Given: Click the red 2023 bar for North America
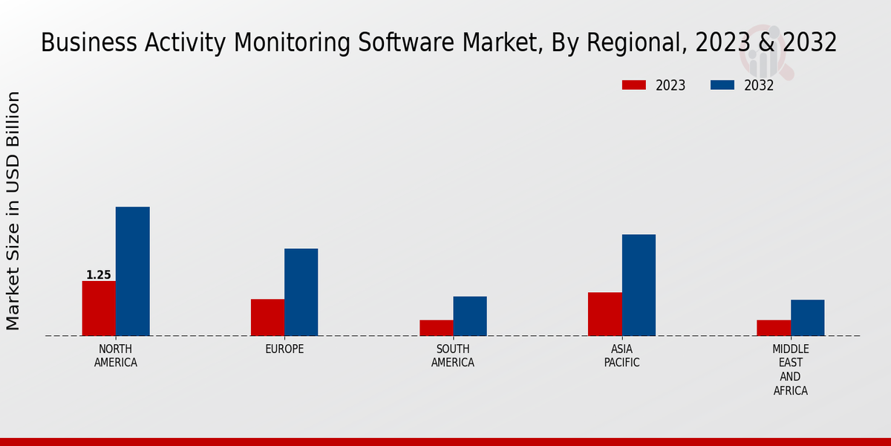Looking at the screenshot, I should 99,308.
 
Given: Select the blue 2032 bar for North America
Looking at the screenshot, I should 132,271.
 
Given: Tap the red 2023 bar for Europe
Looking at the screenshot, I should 267,317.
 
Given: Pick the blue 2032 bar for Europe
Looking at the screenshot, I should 301,292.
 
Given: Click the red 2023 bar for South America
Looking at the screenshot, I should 436,328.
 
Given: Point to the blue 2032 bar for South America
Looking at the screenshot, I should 470,316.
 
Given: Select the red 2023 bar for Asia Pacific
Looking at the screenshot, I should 604,314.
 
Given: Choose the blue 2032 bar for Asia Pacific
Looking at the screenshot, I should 639,285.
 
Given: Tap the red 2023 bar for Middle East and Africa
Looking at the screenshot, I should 774,328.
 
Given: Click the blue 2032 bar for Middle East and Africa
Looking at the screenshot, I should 807,317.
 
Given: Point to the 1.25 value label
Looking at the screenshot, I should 99,275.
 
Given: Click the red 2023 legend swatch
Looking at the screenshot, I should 633,85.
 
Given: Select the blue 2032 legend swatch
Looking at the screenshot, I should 722,85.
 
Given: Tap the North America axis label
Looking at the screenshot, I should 116,356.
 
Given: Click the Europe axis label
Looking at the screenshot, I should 284,349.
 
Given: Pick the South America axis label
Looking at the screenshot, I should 453,356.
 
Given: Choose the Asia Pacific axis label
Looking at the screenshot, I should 621,356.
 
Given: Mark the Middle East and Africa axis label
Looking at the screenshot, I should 791,369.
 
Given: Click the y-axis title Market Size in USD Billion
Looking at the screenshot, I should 13,210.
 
